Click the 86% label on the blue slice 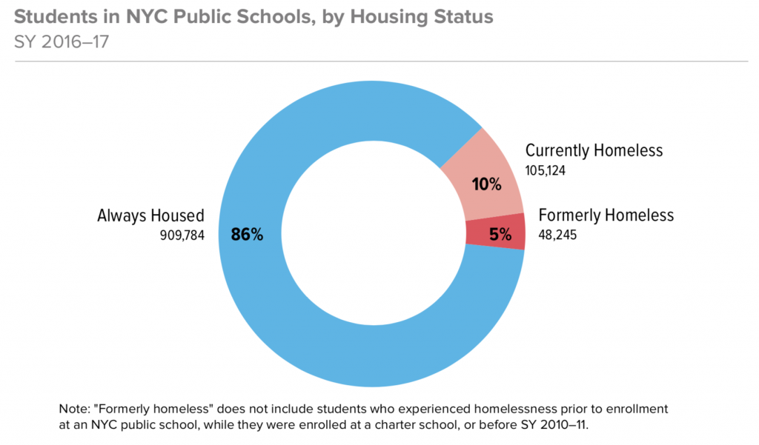pyautogui.click(x=247, y=235)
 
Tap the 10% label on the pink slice pyautogui.click(x=486, y=184)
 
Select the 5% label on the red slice pyautogui.click(x=500, y=235)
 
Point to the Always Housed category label pyautogui.click(x=150, y=216)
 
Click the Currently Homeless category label pyautogui.click(x=594, y=151)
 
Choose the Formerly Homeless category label pyautogui.click(x=606, y=215)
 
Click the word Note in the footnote pyautogui.click(x=72, y=409)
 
